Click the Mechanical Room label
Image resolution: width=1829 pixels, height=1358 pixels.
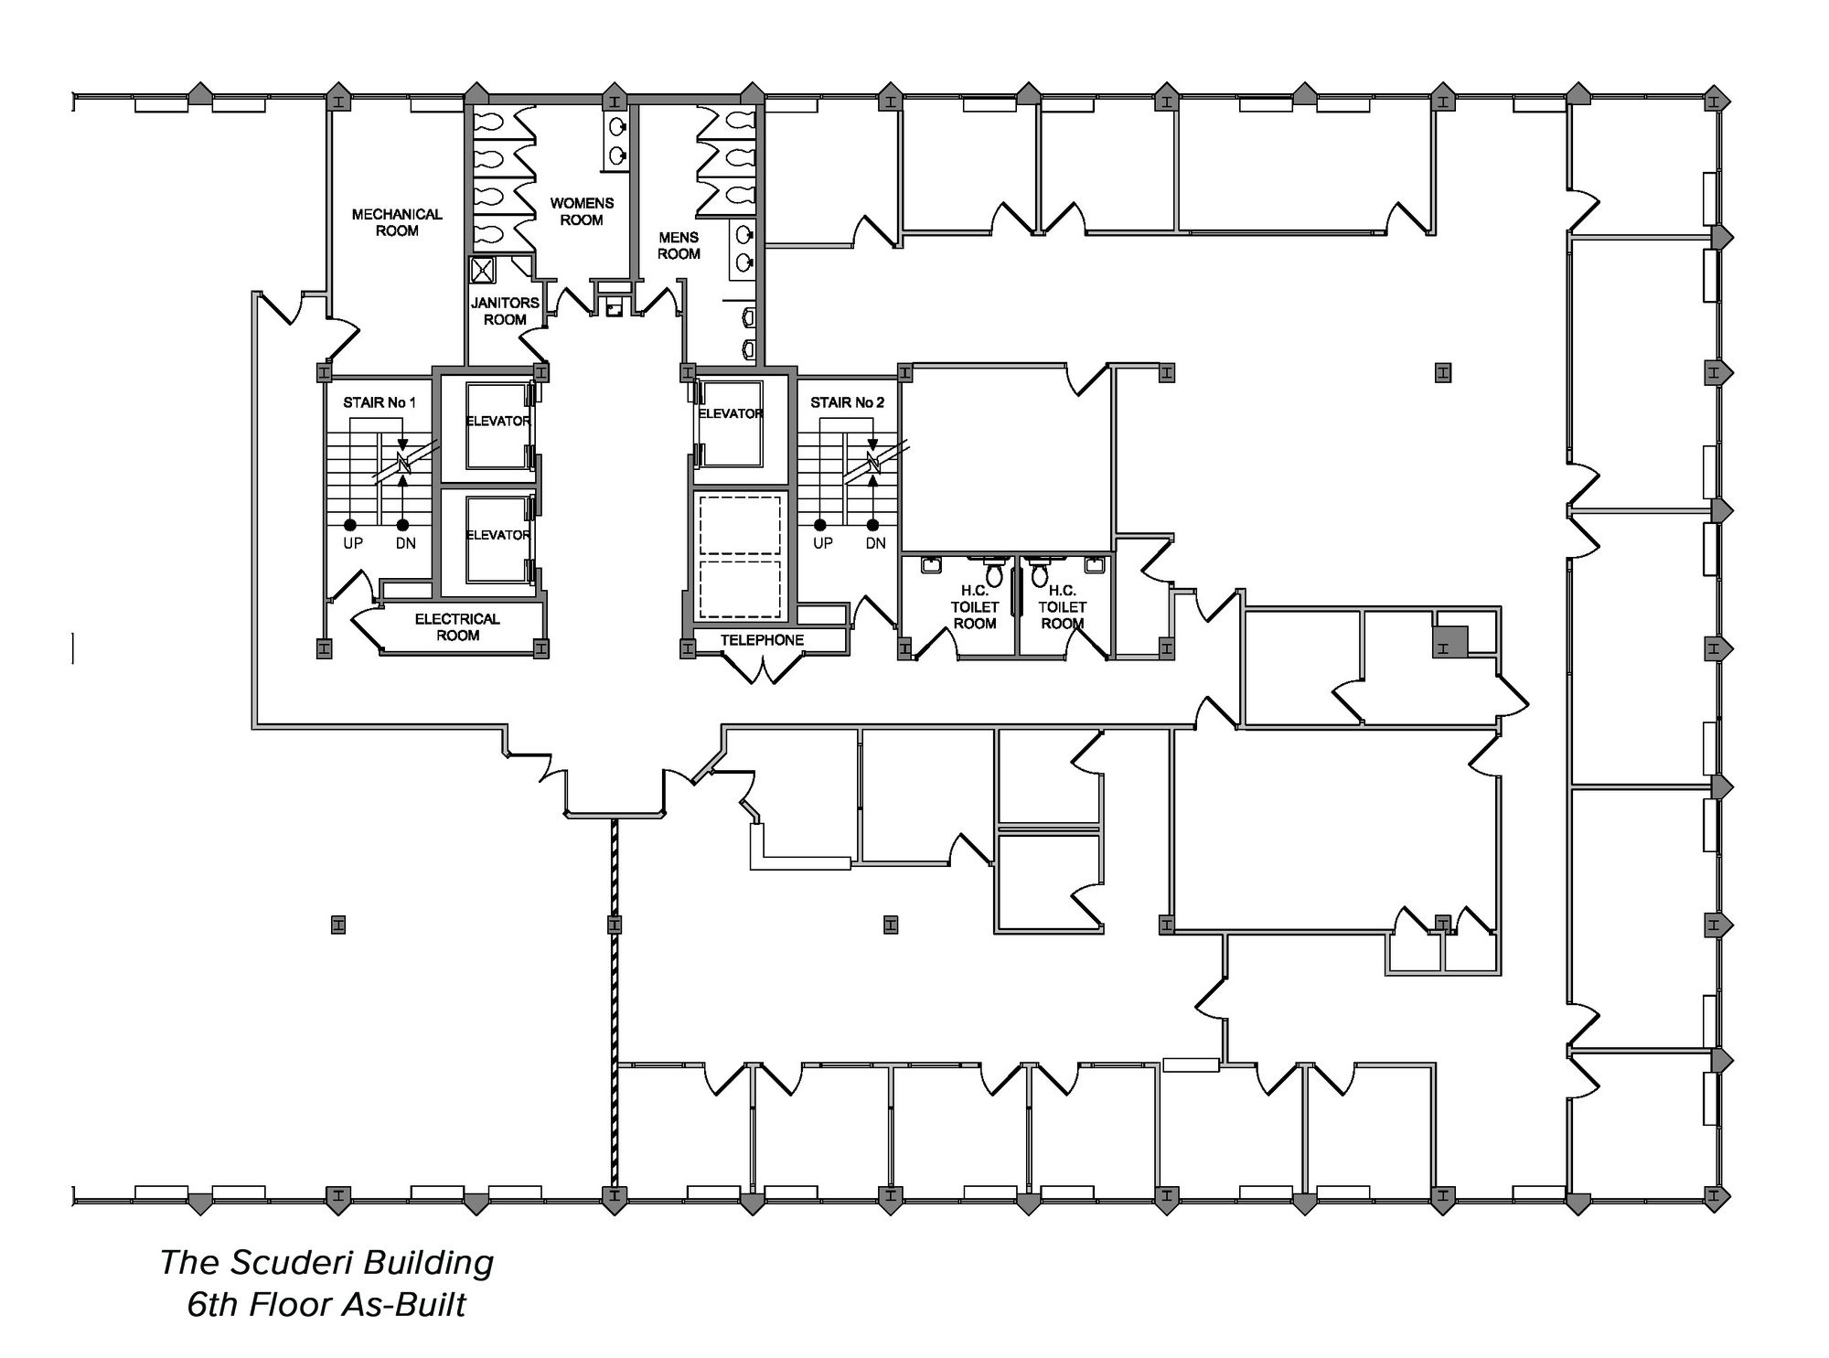(x=397, y=222)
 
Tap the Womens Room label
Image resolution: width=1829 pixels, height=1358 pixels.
(x=582, y=211)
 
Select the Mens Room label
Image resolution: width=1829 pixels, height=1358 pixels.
(x=679, y=245)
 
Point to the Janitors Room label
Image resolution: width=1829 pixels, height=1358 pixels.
(x=505, y=311)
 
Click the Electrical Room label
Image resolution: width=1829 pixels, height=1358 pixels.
(x=457, y=627)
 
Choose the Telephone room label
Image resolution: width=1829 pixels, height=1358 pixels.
(x=762, y=640)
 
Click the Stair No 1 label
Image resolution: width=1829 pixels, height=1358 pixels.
(x=380, y=402)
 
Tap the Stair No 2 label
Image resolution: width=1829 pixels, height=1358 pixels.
(x=847, y=402)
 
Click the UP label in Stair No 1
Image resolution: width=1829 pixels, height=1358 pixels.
(x=353, y=543)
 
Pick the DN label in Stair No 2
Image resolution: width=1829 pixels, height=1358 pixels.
(x=875, y=543)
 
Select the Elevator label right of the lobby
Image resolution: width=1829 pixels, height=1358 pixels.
(x=730, y=413)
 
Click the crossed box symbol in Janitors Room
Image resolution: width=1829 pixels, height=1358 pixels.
(x=482, y=271)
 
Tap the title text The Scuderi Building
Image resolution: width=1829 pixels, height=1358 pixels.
(x=326, y=1263)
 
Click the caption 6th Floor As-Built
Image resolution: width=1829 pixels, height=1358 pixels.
(x=326, y=1305)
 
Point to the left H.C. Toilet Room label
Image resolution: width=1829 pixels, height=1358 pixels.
(x=975, y=607)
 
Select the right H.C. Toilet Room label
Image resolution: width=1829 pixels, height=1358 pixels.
(x=1063, y=607)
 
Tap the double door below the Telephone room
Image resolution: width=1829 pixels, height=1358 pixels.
(x=761, y=670)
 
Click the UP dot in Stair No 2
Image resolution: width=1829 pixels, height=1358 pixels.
(x=820, y=525)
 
